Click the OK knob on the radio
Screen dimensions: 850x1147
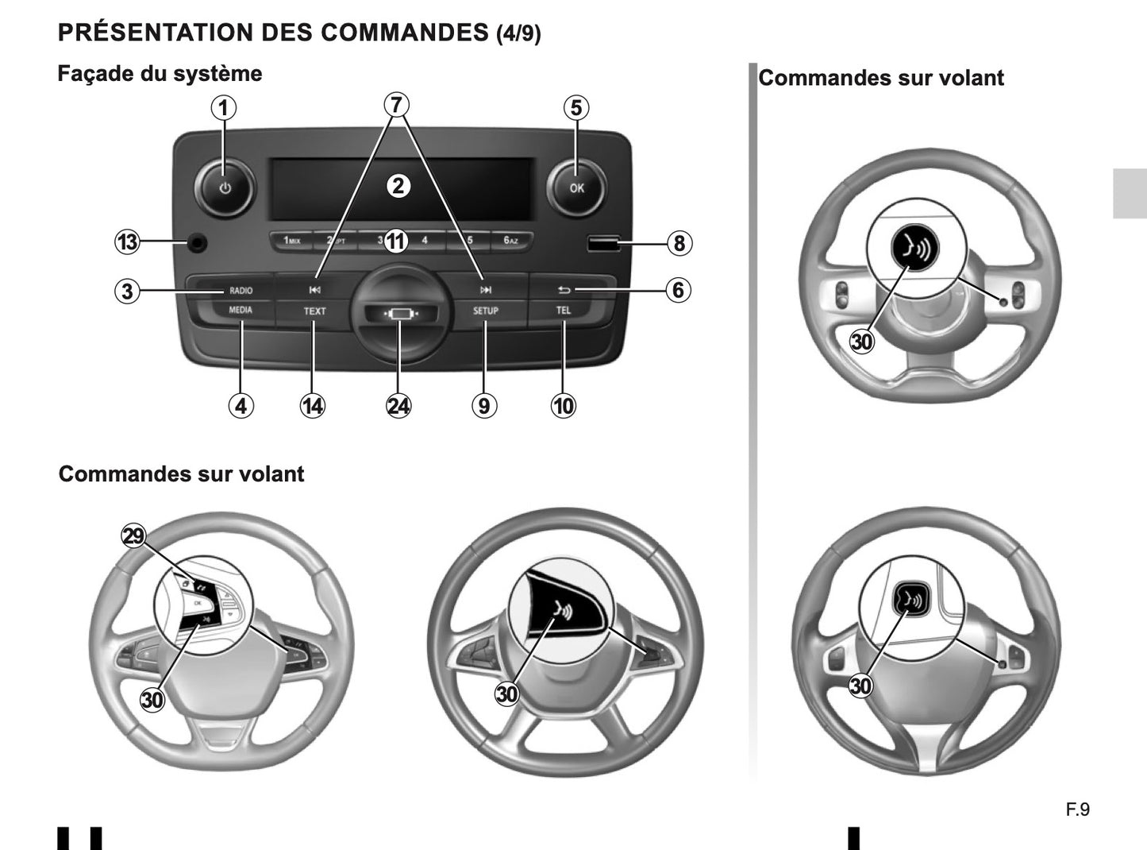[576, 188]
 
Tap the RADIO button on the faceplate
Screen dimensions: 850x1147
[241, 290]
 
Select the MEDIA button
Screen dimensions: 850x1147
[241, 311]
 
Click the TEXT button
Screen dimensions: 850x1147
[314, 311]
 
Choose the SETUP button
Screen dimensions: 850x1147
[485, 311]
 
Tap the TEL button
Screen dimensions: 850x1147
[563, 311]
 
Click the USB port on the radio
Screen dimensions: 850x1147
[602, 243]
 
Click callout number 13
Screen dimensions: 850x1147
[127, 241]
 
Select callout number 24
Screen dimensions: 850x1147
[398, 406]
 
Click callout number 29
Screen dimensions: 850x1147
[133, 536]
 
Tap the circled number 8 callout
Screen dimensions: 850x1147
[678, 243]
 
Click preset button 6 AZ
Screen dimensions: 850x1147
[510, 241]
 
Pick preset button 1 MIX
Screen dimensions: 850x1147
[291, 241]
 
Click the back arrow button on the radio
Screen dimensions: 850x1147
[564, 290]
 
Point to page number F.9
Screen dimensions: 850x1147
[1077, 809]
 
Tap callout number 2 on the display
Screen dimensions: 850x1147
[398, 186]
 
